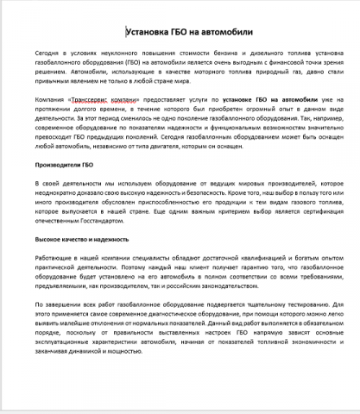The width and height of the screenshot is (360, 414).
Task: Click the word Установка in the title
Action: coord(149,32)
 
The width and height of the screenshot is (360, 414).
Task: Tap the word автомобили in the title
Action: coord(227,32)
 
